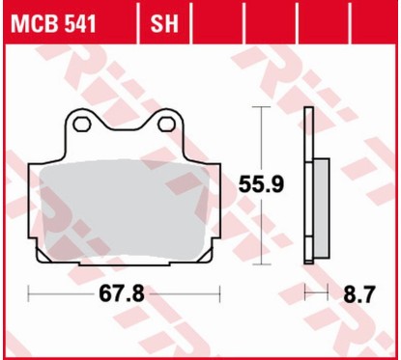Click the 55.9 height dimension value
point(262,181)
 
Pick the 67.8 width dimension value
point(124,293)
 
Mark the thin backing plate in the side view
point(307,183)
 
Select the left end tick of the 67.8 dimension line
point(30,292)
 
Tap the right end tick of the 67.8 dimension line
point(220,292)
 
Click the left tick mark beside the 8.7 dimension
point(305,292)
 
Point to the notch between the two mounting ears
point(125,129)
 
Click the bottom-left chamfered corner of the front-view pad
point(42,253)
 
